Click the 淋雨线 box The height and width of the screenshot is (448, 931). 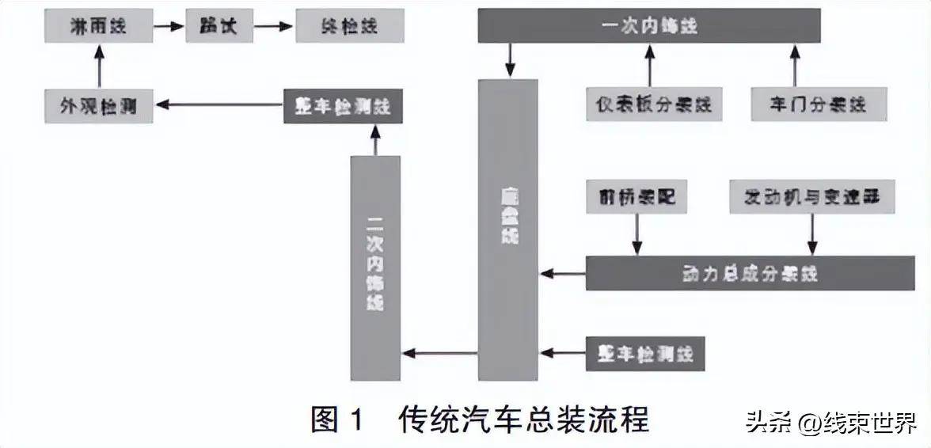[x=98, y=26]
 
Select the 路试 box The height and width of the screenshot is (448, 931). [x=213, y=26]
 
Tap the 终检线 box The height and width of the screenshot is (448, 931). [x=350, y=26]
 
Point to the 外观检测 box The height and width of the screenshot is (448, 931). [x=99, y=104]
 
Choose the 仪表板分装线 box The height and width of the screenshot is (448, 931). [x=654, y=104]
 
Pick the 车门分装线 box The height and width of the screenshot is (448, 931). [x=819, y=104]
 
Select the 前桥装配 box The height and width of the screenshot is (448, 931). [x=636, y=197]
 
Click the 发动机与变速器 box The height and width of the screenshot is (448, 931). [x=811, y=197]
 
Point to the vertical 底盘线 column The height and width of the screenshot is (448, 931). [x=507, y=230]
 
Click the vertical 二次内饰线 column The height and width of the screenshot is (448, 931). [x=375, y=268]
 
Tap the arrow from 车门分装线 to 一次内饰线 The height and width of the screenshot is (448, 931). [x=794, y=66]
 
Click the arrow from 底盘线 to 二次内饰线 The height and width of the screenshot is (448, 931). [x=439, y=353]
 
